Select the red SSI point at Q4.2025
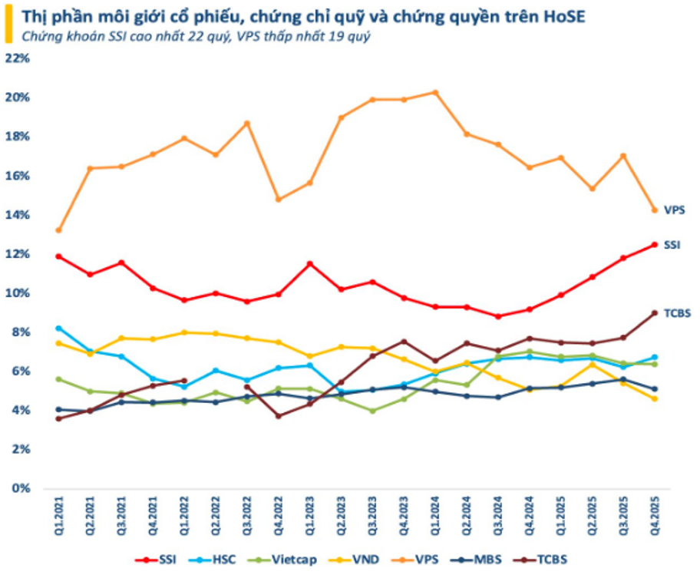[x=655, y=245]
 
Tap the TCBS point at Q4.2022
[x=279, y=416]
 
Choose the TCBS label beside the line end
[x=676, y=313]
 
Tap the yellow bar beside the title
[x=7, y=25]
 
